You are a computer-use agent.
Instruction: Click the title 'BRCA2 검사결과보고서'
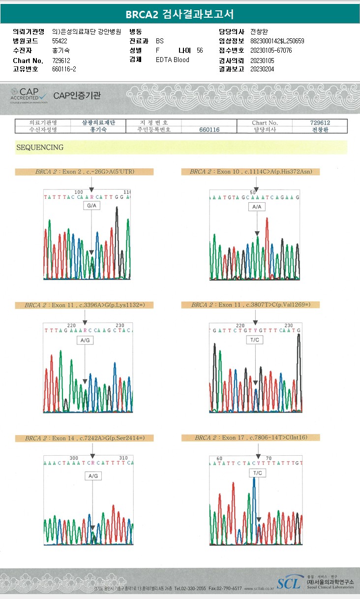(180, 14)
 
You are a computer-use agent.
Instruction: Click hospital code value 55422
(60, 41)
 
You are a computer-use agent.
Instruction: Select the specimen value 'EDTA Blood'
(172, 60)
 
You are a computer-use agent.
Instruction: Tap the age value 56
(199, 51)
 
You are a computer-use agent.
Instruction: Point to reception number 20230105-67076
(271, 51)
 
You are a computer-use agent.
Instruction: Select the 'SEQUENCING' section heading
(40, 147)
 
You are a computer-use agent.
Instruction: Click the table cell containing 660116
(209, 129)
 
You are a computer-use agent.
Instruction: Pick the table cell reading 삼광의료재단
(98, 123)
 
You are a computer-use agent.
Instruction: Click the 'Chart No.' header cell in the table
(265, 123)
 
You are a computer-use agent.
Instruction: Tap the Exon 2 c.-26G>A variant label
(84, 172)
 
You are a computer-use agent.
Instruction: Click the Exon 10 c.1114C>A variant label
(254, 172)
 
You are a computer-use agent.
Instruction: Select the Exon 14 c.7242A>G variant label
(83, 438)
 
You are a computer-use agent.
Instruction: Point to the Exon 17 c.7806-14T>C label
(251, 438)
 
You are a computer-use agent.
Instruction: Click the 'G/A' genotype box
(91, 206)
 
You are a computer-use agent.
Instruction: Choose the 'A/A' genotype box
(257, 207)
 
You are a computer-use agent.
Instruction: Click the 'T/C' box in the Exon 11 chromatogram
(255, 340)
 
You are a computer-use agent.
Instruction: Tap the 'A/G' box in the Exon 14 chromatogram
(92, 476)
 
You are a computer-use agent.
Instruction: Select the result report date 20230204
(262, 69)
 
